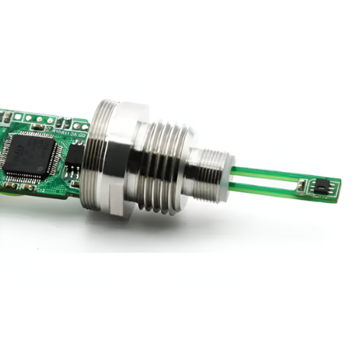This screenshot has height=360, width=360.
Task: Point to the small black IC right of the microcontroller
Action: (x=73, y=163)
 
